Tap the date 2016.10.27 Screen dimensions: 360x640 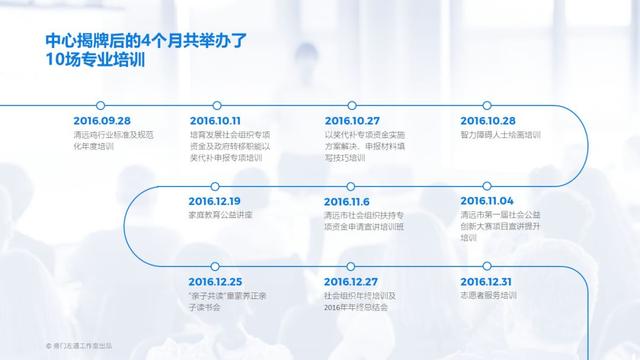(x=353, y=120)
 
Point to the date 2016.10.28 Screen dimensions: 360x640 (x=489, y=120)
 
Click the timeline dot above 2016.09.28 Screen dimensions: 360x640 (x=101, y=104)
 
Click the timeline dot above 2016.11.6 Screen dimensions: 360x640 (x=329, y=186)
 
